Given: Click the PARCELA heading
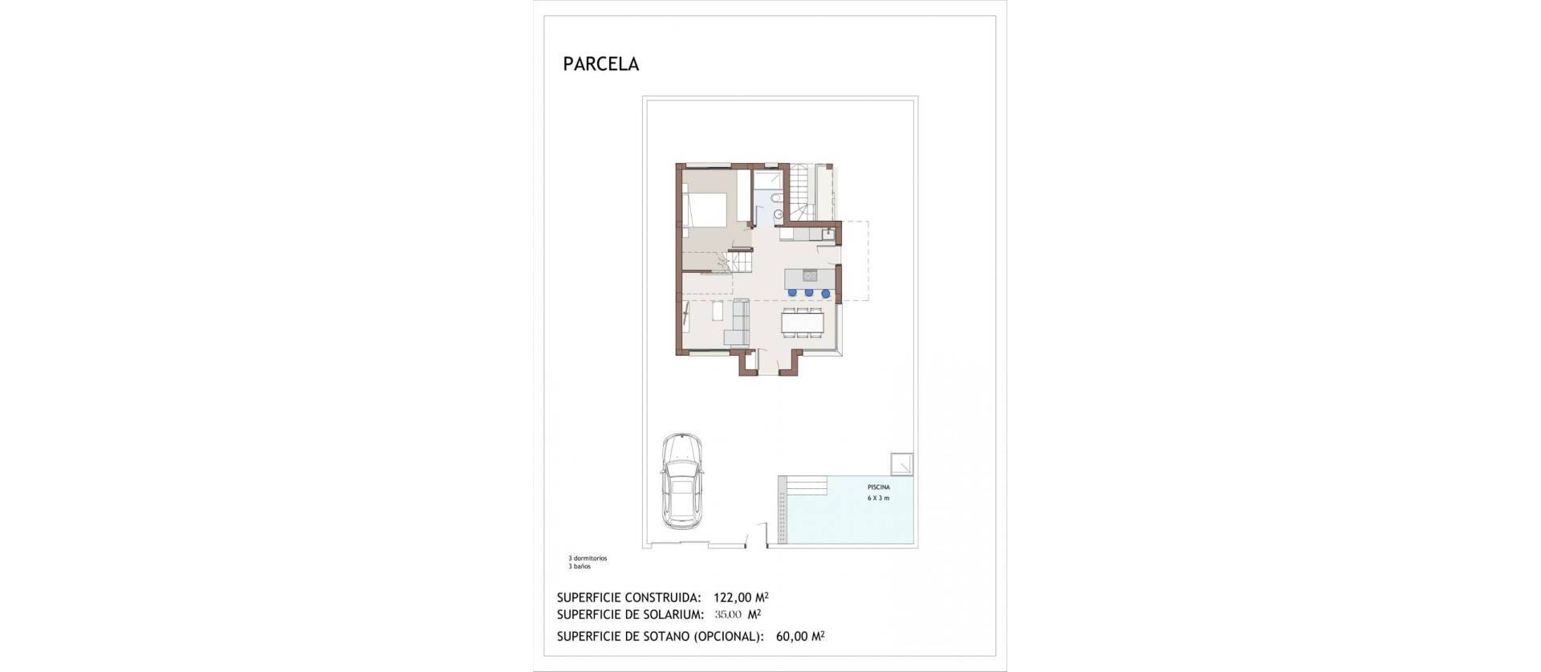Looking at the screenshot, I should click(x=600, y=65).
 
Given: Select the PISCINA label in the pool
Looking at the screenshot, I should click(x=878, y=487).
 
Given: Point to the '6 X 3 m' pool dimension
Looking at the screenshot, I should click(x=878, y=499).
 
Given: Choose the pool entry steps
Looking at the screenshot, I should click(x=806, y=486).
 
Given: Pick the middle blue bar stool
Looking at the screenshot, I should click(x=808, y=293).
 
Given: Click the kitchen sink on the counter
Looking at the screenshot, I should click(x=827, y=234).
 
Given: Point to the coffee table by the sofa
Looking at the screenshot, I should click(x=155, y=312).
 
